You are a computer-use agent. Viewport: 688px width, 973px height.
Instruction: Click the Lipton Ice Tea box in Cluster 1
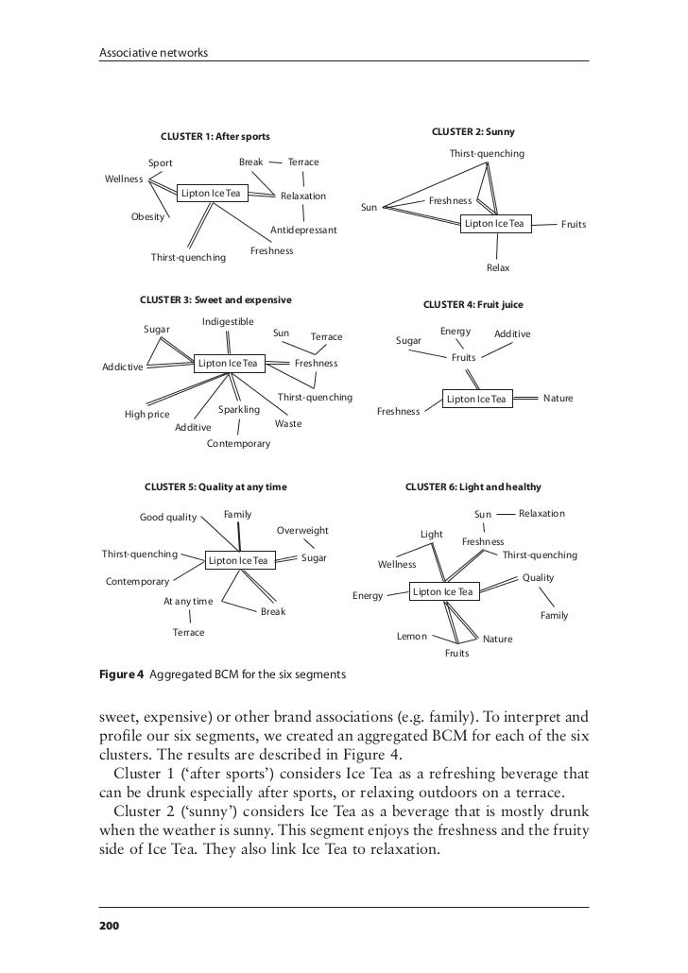pyautogui.click(x=211, y=194)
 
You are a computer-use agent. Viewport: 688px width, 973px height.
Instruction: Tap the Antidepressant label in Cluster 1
pyautogui.click(x=303, y=230)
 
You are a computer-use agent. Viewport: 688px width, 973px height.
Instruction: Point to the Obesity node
pyautogui.click(x=147, y=216)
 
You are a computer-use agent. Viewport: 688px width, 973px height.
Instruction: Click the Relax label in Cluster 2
pyautogui.click(x=497, y=268)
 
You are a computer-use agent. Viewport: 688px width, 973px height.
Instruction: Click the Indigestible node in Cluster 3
pyautogui.click(x=228, y=321)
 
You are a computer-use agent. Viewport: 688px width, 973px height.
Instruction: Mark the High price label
pyautogui.click(x=147, y=414)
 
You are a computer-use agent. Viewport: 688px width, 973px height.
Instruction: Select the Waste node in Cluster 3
pyautogui.click(x=288, y=424)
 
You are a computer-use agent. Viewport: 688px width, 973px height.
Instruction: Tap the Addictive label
pyautogui.click(x=122, y=367)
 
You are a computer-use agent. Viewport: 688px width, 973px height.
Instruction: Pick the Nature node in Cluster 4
pyautogui.click(x=558, y=399)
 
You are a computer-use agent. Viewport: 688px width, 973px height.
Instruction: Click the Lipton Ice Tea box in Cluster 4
pyautogui.click(x=477, y=400)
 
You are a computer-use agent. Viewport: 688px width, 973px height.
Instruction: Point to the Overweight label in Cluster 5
pyautogui.click(x=302, y=530)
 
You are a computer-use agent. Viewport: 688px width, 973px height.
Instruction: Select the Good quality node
pyautogui.click(x=168, y=517)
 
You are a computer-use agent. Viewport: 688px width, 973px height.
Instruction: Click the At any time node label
pyautogui.click(x=188, y=601)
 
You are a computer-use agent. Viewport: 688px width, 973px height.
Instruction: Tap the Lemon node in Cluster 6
pyautogui.click(x=411, y=637)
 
